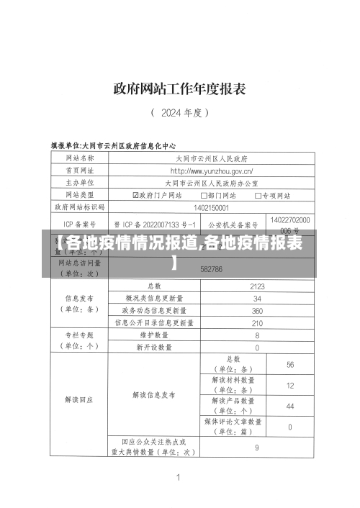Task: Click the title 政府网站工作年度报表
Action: tap(179, 89)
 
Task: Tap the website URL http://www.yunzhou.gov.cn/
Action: tap(211, 171)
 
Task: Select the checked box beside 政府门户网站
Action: tap(135, 195)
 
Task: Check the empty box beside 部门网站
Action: tap(202, 195)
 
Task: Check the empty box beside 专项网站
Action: tap(258, 195)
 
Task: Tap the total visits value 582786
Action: tap(211, 268)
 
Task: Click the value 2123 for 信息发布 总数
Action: tap(257, 286)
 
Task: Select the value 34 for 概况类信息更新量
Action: tap(257, 298)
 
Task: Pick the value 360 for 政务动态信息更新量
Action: tap(257, 311)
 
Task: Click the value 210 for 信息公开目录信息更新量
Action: tap(257, 323)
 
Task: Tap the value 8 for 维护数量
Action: tap(257, 335)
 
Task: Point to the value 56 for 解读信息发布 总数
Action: tap(290, 364)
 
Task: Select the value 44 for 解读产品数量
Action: tap(290, 406)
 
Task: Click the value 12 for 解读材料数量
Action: tap(290, 385)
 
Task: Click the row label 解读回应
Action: tap(78, 399)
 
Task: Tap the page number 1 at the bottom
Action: tap(178, 476)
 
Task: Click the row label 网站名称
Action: tap(78, 158)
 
